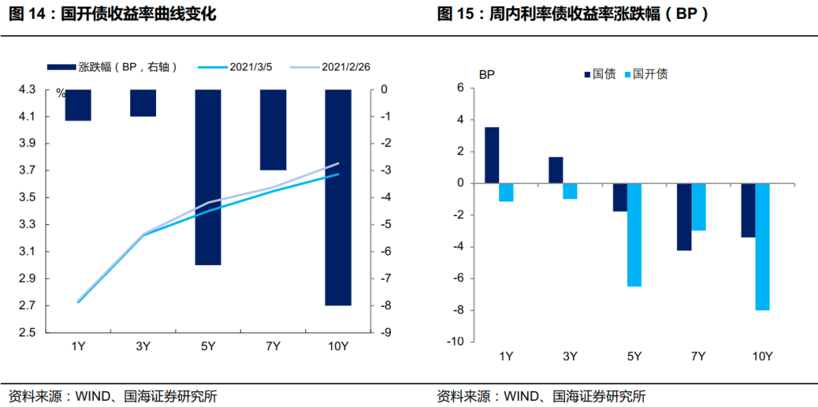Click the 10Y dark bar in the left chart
[x=338, y=197]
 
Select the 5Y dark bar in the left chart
[x=208, y=177]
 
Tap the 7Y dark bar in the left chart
[x=273, y=130]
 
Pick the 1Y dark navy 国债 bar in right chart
[x=492, y=155]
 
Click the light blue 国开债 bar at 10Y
[x=762, y=246]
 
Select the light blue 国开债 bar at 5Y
[x=634, y=235]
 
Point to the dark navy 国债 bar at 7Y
[x=684, y=217]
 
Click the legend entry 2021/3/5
[x=235, y=67]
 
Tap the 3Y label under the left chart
[x=143, y=346]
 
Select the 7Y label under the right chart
[x=698, y=356]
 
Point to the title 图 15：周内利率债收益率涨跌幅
[x=573, y=14]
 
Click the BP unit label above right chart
[x=485, y=74]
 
